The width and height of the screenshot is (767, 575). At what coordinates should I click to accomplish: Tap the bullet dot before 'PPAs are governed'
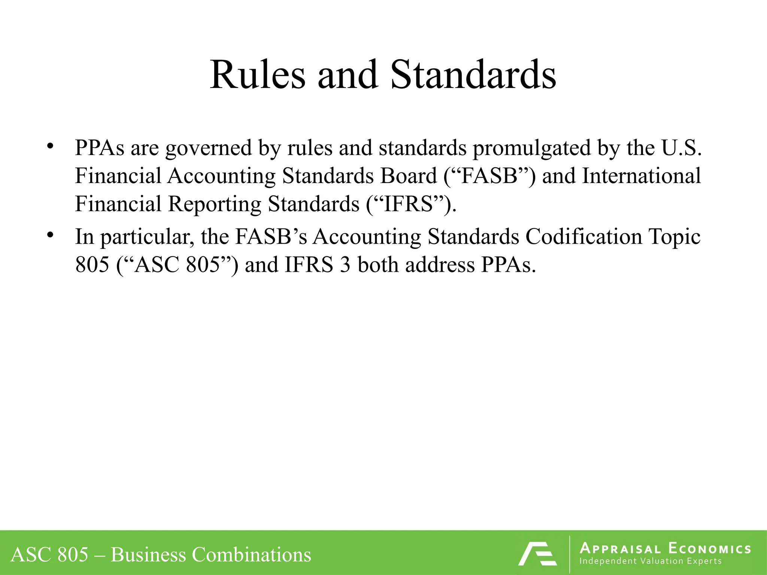tap(50, 146)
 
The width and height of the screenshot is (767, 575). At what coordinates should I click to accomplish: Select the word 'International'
tap(641, 176)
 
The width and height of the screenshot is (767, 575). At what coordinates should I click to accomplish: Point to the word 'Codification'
tap(584, 237)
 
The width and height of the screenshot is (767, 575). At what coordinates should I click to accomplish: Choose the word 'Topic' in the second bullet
tap(674, 237)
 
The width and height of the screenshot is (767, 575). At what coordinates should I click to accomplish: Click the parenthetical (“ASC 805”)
tap(177, 265)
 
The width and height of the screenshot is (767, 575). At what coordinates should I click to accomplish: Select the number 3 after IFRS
tap(345, 265)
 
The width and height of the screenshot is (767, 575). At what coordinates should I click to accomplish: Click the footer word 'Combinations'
tap(251, 554)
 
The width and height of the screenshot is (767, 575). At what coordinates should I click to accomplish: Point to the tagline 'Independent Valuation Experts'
tap(650, 561)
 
